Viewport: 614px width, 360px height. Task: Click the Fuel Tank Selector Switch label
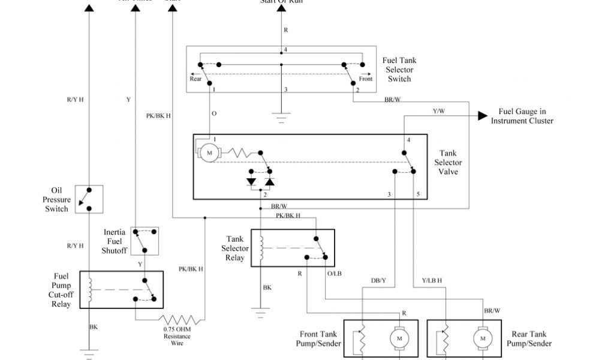click(399, 70)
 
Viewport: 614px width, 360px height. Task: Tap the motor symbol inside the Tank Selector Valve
click(209, 154)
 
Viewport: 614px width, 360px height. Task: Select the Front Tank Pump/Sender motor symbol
click(398, 339)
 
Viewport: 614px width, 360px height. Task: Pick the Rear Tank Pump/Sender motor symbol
click(482, 339)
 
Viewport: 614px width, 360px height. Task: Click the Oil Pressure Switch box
click(89, 200)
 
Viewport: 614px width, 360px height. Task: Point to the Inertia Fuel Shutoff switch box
click(144, 241)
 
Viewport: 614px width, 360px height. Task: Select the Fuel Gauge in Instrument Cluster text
click(522, 116)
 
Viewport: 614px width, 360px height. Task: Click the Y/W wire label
click(439, 111)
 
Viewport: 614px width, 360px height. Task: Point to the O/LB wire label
click(334, 273)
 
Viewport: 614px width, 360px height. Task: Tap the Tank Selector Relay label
click(235, 248)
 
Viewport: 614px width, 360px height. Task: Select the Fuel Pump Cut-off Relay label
click(61, 290)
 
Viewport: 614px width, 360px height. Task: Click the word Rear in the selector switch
click(196, 79)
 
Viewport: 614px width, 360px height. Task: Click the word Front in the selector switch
click(366, 79)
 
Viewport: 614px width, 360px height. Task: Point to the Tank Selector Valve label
click(448, 163)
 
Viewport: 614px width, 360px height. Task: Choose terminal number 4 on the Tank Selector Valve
click(408, 140)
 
